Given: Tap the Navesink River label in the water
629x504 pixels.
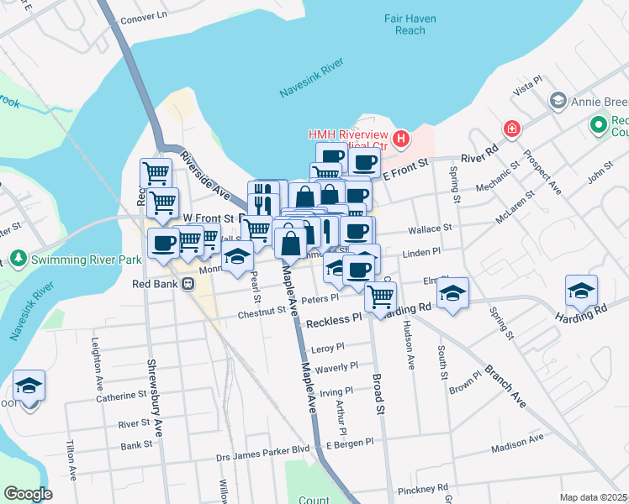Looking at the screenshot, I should coord(311,84).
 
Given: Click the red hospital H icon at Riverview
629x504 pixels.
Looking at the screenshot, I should coord(402,138).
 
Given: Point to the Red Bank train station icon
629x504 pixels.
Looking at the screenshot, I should coord(187,284).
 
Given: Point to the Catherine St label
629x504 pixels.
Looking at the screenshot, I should coord(120,395).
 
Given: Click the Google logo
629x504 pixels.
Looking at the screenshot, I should coord(28,494).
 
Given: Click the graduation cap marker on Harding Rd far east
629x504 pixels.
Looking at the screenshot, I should coord(582,291).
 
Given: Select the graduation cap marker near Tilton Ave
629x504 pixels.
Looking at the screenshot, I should coord(29,386).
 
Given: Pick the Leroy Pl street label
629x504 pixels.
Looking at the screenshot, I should coord(328,347).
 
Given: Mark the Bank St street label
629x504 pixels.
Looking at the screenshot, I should coord(136,445).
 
